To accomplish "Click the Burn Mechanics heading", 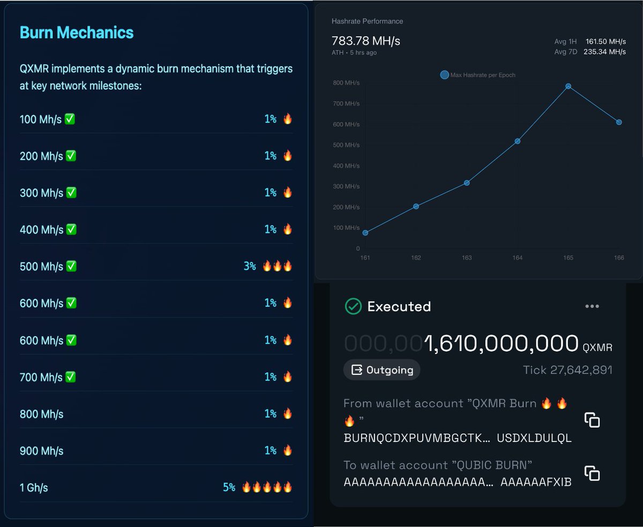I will pyautogui.click(x=77, y=33).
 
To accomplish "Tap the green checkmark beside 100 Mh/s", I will pyautogui.click(x=70, y=119).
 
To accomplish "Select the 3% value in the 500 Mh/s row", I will pyautogui.click(x=250, y=266).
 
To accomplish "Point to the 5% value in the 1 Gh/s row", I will pyautogui.click(x=229, y=487).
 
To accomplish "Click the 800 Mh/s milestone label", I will pyautogui.click(x=41, y=414).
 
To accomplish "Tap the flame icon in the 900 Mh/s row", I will pyautogui.click(x=288, y=450).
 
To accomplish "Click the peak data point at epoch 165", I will pyautogui.click(x=568, y=86).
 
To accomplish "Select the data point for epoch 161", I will pyautogui.click(x=365, y=233).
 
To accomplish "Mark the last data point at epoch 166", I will pyautogui.click(x=619, y=122).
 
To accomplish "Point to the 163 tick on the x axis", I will pyautogui.click(x=467, y=258).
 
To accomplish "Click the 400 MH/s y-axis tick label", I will pyautogui.click(x=346, y=166).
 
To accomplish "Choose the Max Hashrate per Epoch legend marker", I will pyautogui.click(x=444, y=75).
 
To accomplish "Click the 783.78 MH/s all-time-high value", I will pyautogui.click(x=366, y=41).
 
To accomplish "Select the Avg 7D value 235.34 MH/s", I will pyautogui.click(x=605, y=52).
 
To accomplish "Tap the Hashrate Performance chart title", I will pyautogui.click(x=367, y=21).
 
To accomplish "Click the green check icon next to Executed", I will pyautogui.click(x=353, y=306).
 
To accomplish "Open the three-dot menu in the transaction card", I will pyautogui.click(x=592, y=306).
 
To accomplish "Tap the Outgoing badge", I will pyautogui.click(x=382, y=370).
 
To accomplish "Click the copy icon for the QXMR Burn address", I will pyautogui.click(x=592, y=420).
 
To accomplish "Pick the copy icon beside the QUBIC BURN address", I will pyautogui.click(x=592, y=473).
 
